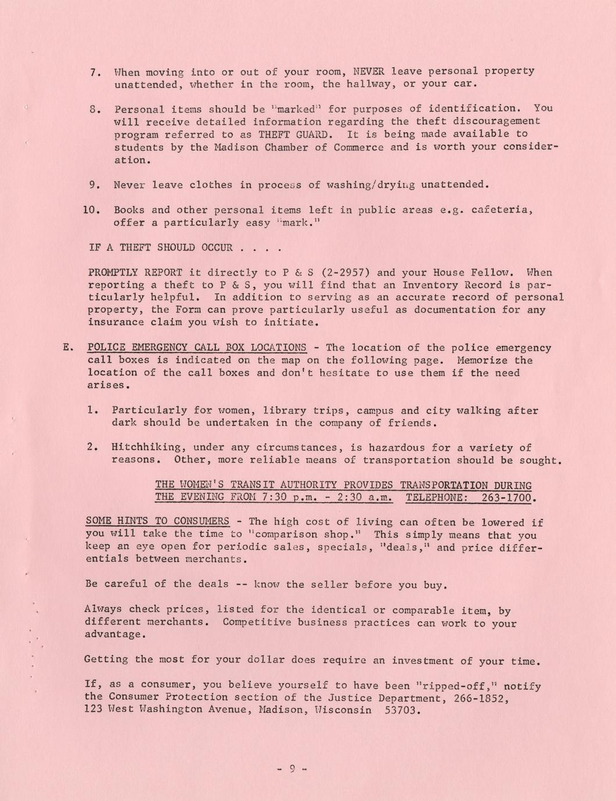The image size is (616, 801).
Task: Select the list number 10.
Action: pyautogui.click(x=92, y=210)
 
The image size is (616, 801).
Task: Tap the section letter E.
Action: pyautogui.click(x=67, y=348)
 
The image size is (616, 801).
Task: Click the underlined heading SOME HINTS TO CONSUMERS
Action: pyautogui.click(x=157, y=521)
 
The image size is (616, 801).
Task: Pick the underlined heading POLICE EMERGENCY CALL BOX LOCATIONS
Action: pyautogui.click(x=196, y=348)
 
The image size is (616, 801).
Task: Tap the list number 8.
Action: pyautogui.click(x=96, y=109)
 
